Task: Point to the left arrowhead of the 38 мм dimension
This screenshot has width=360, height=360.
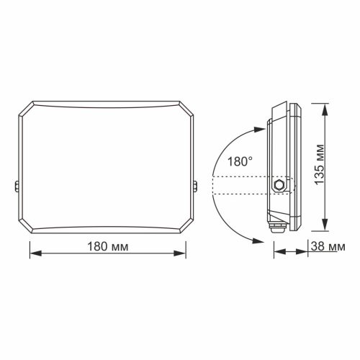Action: click(x=276, y=252)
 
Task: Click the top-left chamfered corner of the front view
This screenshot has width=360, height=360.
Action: click(x=23, y=109)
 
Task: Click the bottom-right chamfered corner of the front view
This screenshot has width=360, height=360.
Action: click(x=189, y=228)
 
